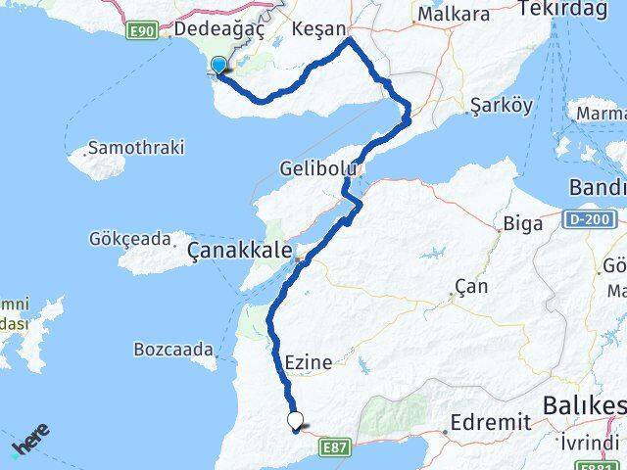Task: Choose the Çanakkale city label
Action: coord(239,253)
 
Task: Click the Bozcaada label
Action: coord(174,349)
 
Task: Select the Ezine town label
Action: coord(309,362)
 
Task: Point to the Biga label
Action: coord(522,223)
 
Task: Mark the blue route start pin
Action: coord(217,66)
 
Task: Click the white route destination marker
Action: coord(295,421)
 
